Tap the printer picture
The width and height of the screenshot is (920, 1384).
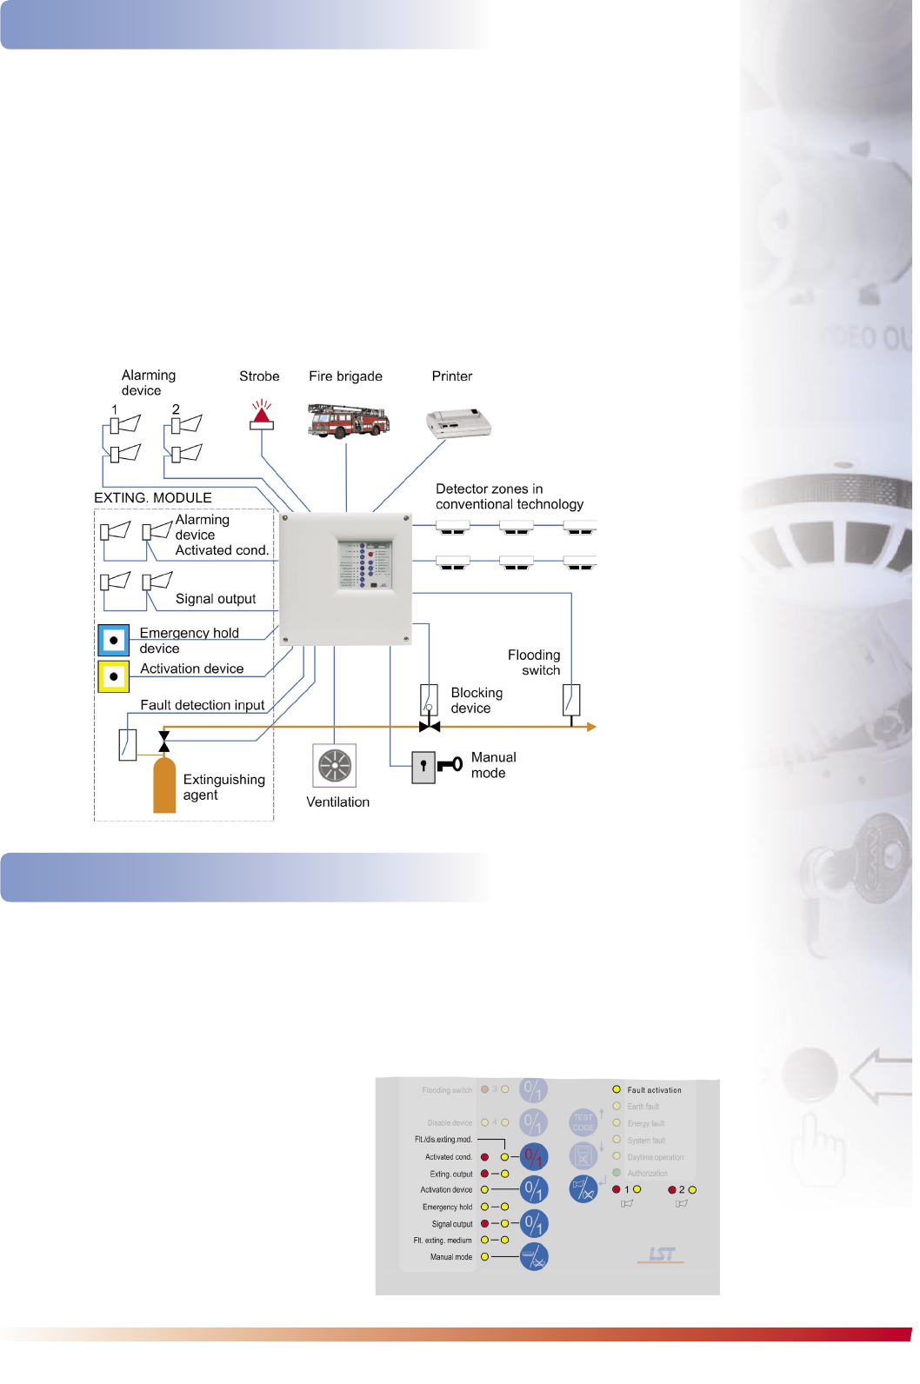[x=458, y=423]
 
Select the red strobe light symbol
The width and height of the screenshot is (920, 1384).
[x=262, y=416]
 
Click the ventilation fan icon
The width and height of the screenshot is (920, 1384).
[x=335, y=766]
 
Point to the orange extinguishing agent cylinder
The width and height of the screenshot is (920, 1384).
[x=164, y=785]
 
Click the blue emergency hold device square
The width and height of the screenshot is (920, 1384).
[x=114, y=640]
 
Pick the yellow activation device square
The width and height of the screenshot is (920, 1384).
[x=114, y=676]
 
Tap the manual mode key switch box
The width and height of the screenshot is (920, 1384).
[x=423, y=768]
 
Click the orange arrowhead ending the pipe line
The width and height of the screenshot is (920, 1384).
[x=591, y=727]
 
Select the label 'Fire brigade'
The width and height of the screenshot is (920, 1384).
[x=345, y=376]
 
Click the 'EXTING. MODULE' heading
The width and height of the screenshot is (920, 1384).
[x=153, y=498]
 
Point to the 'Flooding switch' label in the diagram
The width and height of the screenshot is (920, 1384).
[x=535, y=662]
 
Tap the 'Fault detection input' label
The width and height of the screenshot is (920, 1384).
[x=203, y=705]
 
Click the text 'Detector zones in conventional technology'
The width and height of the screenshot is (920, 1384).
[x=509, y=496]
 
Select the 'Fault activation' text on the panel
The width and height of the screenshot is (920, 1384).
[x=654, y=1090]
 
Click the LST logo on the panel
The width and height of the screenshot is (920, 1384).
[x=661, y=1254]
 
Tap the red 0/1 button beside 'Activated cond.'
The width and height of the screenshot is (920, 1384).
[x=534, y=1157]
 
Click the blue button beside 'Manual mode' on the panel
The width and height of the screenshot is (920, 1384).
[x=534, y=1257]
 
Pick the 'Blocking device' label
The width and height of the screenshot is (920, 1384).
[x=477, y=701]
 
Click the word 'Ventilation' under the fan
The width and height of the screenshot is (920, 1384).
[x=337, y=802]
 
